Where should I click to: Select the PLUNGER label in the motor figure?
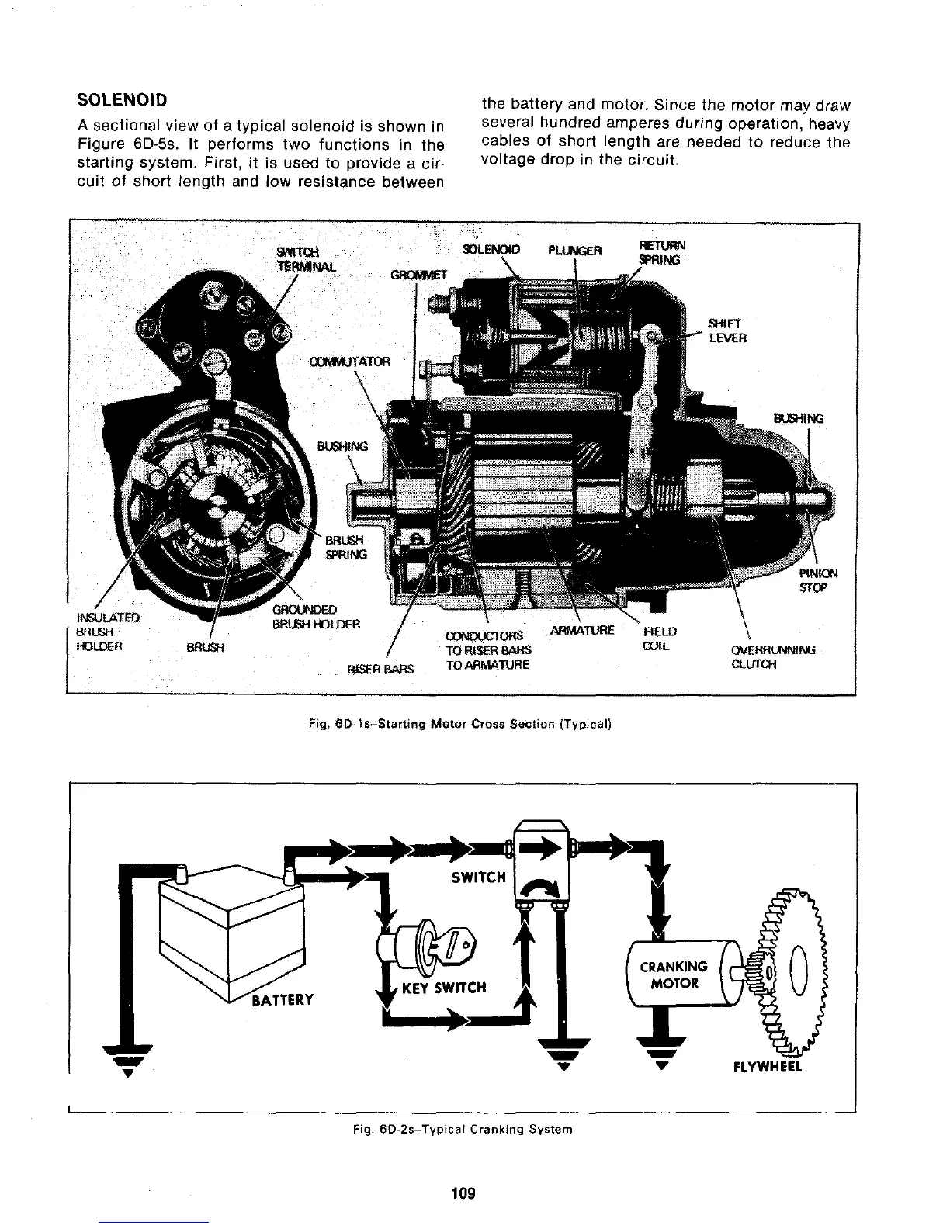574,250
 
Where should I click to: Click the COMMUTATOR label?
348,362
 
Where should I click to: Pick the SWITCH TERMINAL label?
299,258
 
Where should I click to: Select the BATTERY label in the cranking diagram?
280,999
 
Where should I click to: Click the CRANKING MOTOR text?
673,975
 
